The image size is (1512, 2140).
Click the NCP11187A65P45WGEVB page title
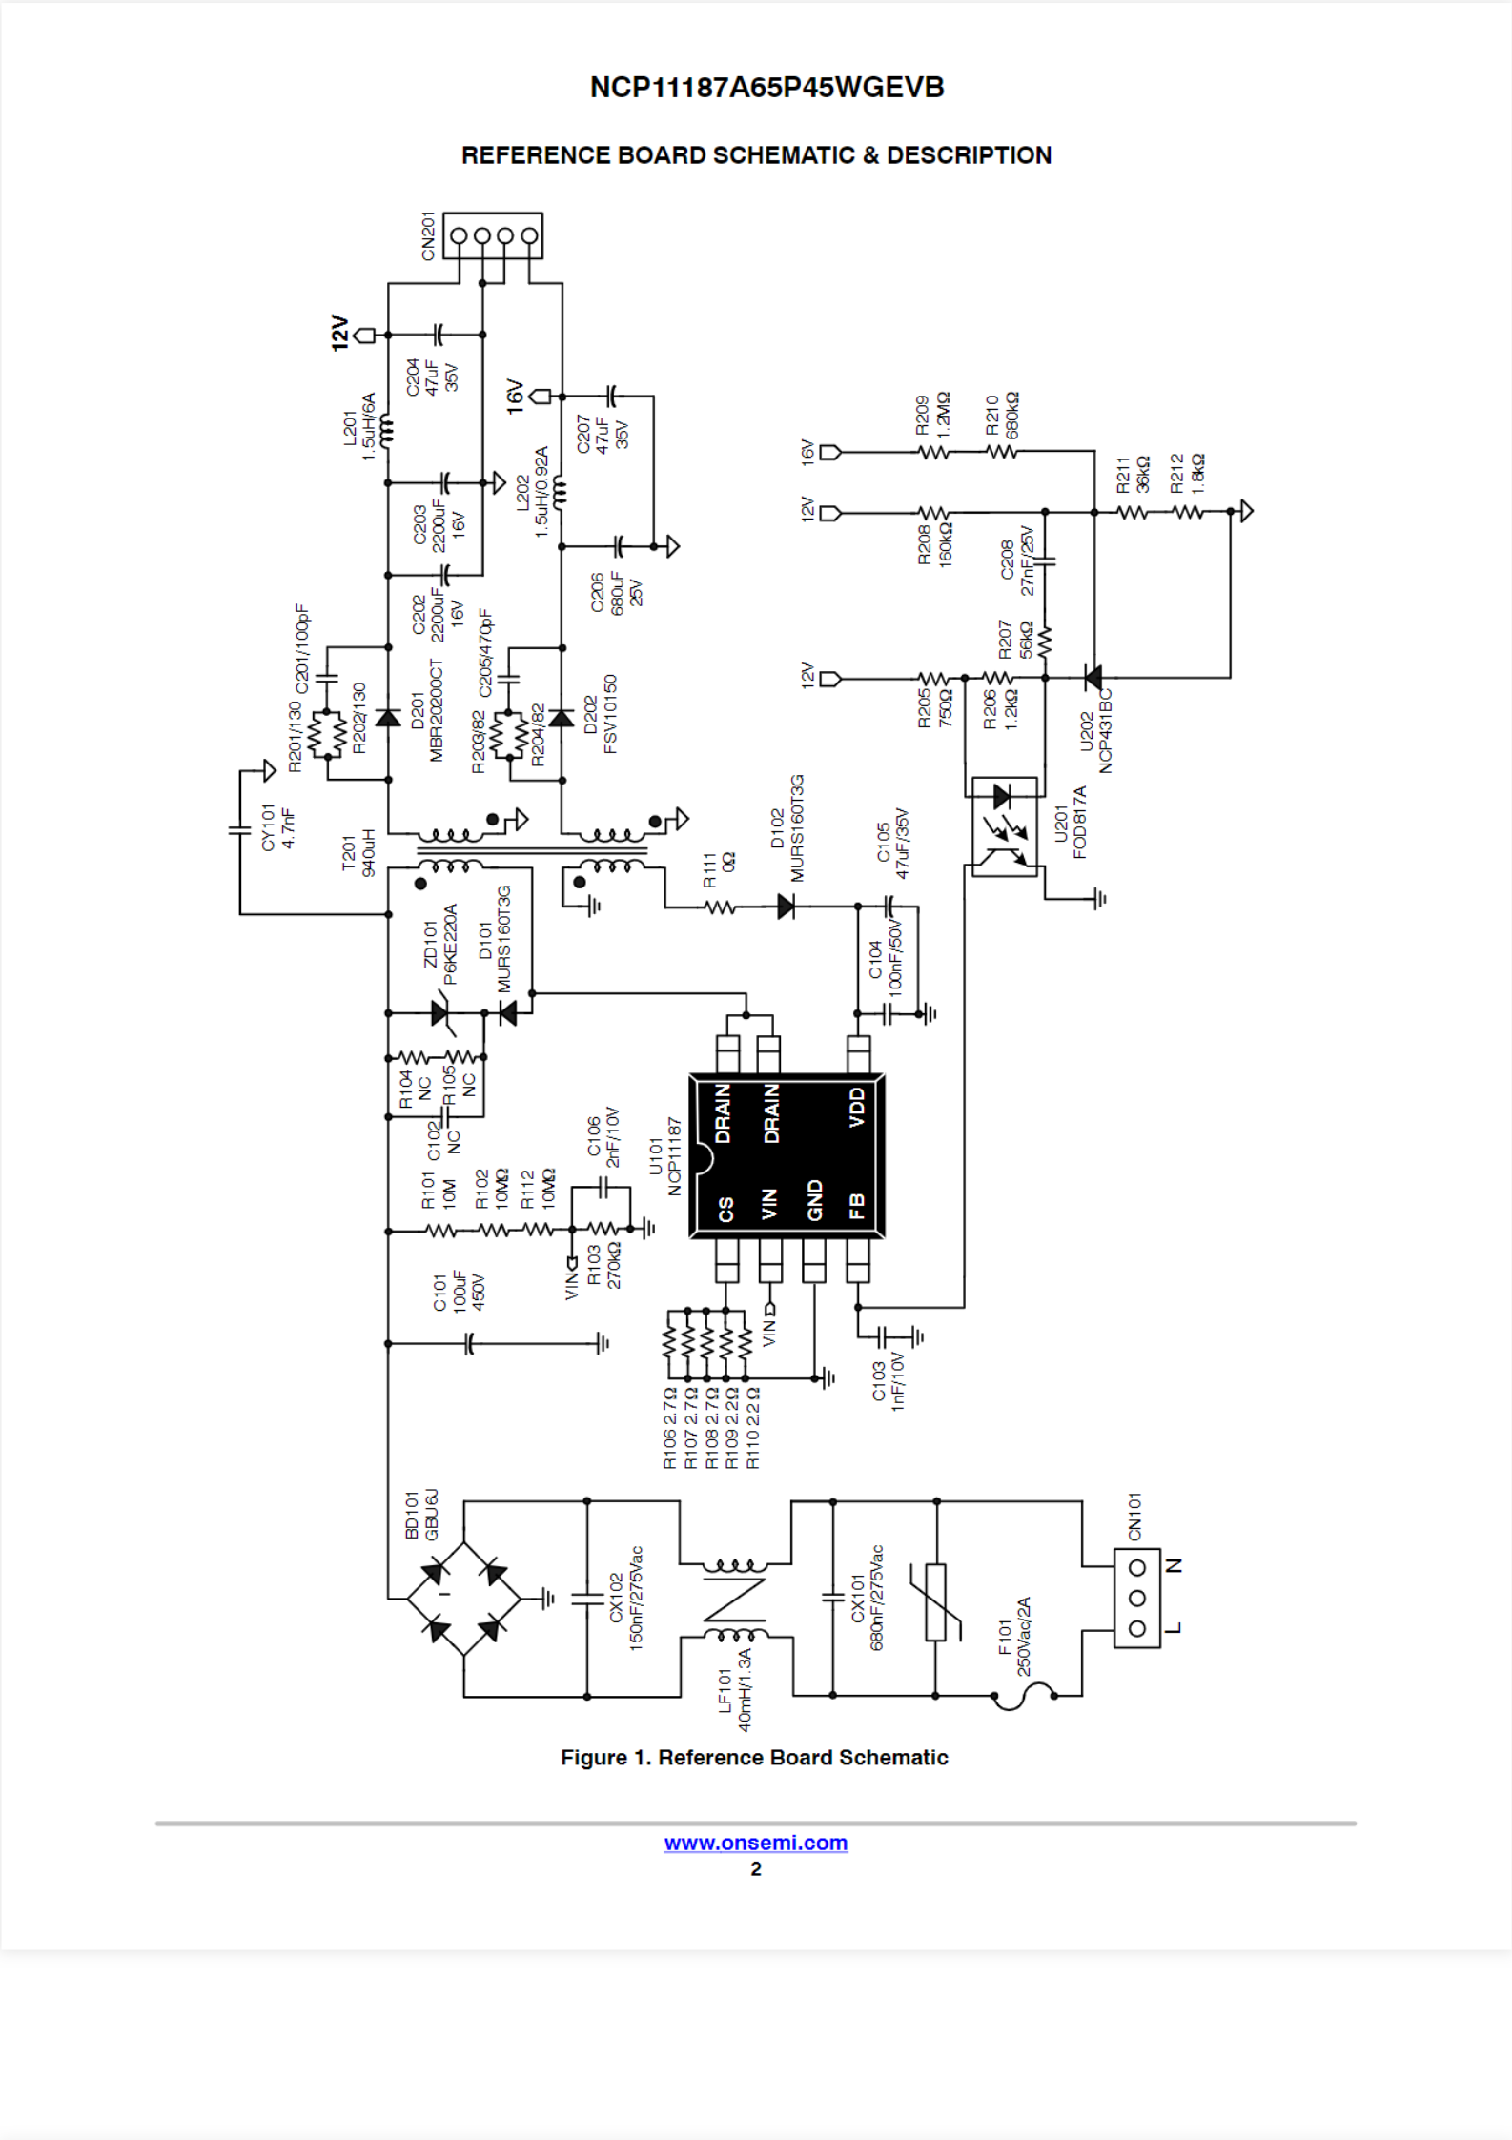[x=766, y=88]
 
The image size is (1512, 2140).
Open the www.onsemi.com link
[x=755, y=1843]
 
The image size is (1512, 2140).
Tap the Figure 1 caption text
[x=754, y=1757]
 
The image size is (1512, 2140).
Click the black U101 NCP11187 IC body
[x=787, y=1156]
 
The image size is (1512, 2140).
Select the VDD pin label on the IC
[x=857, y=1107]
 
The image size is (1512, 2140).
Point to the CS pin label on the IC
[x=725, y=1209]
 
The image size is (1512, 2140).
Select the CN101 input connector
[x=1136, y=1598]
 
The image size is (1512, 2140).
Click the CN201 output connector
[x=493, y=235]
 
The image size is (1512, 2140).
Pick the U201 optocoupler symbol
[x=1004, y=826]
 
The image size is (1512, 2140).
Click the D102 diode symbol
[x=786, y=907]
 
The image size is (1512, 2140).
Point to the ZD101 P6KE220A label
[x=440, y=944]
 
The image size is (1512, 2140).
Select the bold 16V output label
[x=515, y=396]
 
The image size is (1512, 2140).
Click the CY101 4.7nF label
[x=277, y=827]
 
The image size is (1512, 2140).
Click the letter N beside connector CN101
[x=1175, y=1565]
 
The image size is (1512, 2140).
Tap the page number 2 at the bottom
[x=756, y=1868]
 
